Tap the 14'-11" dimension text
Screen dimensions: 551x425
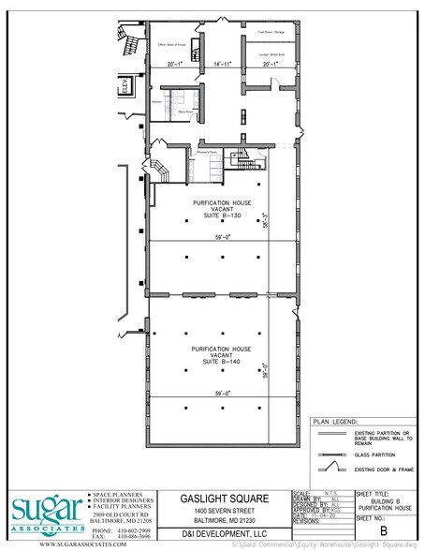[221, 65]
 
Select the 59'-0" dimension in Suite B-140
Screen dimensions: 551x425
[221, 394]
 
